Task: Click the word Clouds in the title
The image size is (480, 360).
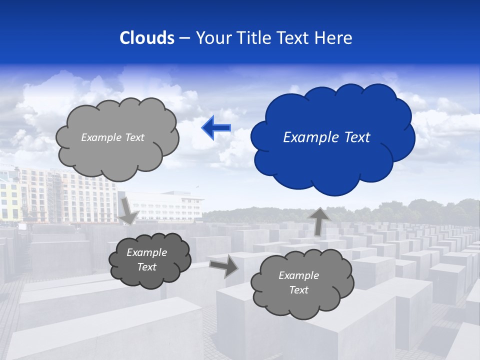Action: (147, 38)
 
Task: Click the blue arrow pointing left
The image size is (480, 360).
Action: (216, 128)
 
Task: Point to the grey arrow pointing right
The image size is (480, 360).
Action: (223, 266)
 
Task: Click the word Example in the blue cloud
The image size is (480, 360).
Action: (305, 137)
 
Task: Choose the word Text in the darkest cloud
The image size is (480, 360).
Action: (146, 267)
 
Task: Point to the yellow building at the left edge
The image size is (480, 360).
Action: (9, 200)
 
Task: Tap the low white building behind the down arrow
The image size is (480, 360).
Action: (170, 205)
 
